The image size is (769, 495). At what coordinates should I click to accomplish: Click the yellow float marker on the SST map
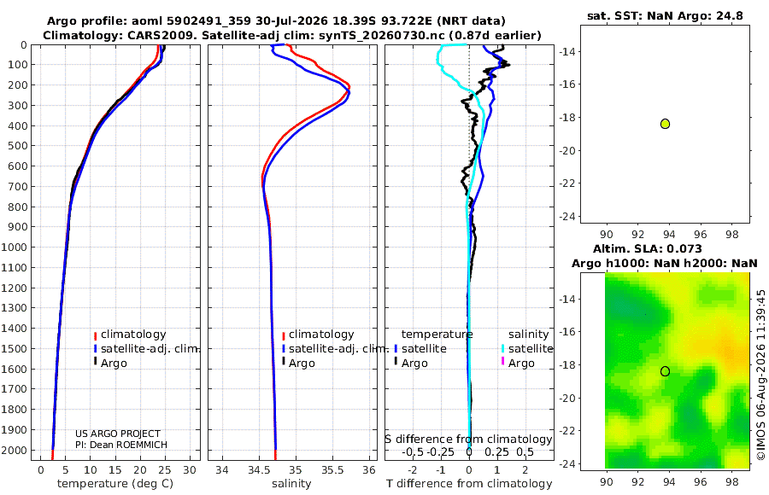[x=665, y=124]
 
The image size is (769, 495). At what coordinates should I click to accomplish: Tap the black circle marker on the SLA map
[x=665, y=371]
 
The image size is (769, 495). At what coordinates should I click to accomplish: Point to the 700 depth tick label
[x=18, y=186]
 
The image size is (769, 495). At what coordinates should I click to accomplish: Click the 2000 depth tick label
[x=15, y=450]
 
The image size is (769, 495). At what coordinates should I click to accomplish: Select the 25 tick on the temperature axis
[x=165, y=470]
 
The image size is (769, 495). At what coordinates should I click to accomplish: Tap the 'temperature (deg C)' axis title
[x=115, y=484]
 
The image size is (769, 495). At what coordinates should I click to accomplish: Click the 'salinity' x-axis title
[x=292, y=484]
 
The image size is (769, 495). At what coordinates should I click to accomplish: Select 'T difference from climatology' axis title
[x=469, y=484]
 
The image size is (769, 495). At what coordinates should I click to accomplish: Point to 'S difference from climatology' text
[x=469, y=440]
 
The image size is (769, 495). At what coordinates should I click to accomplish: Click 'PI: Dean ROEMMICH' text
[x=121, y=445]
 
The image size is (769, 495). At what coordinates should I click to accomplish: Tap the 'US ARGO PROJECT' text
[x=118, y=434]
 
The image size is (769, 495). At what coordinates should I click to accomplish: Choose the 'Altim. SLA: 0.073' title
[x=648, y=249]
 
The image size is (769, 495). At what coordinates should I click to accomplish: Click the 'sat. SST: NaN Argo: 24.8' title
[x=665, y=16]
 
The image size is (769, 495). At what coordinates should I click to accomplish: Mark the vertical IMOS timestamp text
[x=760, y=375]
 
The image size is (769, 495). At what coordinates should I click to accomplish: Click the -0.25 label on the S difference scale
[x=440, y=451]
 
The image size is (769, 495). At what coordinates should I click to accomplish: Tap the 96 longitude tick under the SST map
[x=701, y=235]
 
